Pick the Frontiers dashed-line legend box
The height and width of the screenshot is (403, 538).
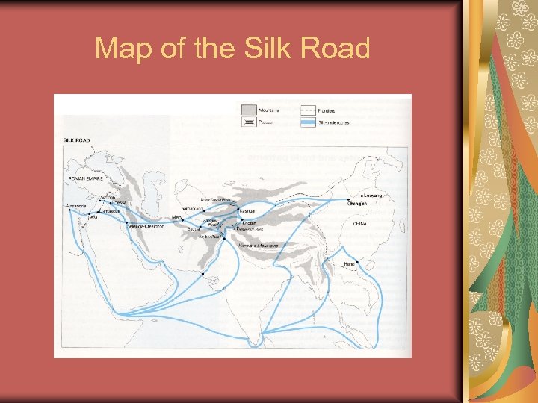pos(307,110)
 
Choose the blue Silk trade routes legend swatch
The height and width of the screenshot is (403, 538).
pos(307,122)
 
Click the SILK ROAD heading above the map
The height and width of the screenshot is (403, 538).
pos(77,140)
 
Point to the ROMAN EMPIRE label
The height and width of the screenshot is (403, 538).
pos(85,180)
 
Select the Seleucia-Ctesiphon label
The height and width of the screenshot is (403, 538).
pos(146,225)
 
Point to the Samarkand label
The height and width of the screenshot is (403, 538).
pos(194,208)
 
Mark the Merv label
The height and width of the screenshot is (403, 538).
pos(177,217)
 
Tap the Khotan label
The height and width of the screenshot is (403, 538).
pos(250,222)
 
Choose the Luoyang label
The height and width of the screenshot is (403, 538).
pos(372,195)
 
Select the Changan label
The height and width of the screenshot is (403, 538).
pos(357,204)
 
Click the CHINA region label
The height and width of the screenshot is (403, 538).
pos(361,223)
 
